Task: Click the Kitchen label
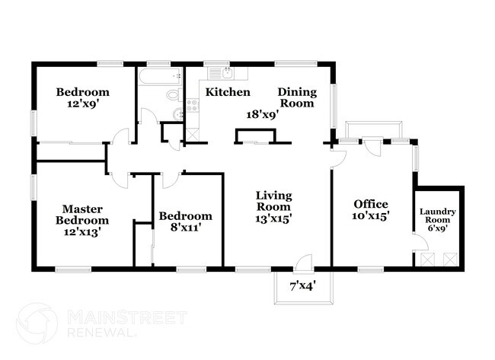point(228,92)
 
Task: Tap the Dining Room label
point(297,97)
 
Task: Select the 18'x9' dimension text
point(262,114)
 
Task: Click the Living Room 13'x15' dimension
point(273,218)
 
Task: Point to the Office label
point(371,204)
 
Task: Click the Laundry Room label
point(438,215)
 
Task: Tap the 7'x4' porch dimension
point(303,286)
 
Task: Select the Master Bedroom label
point(82,215)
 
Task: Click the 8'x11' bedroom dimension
point(186,228)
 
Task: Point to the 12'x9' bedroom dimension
point(83,104)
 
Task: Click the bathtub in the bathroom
point(161,76)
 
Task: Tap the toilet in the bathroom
point(174,95)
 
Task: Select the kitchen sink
point(227,74)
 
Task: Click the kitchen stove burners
point(192,105)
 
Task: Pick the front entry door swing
point(305,263)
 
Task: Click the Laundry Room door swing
point(421,242)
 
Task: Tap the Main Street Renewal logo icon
point(37,323)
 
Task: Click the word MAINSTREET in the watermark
point(127,317)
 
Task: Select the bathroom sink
point(178,113)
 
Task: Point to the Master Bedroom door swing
point(119,181)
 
